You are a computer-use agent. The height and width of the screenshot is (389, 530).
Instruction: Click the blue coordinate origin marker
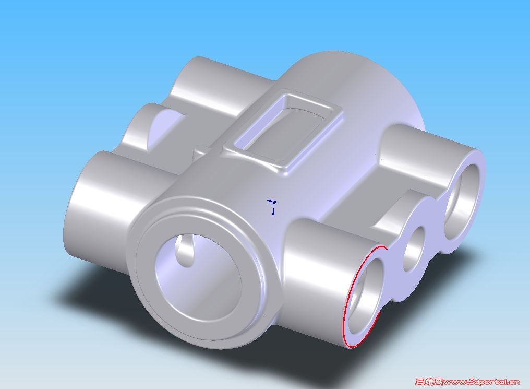(273, 207)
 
